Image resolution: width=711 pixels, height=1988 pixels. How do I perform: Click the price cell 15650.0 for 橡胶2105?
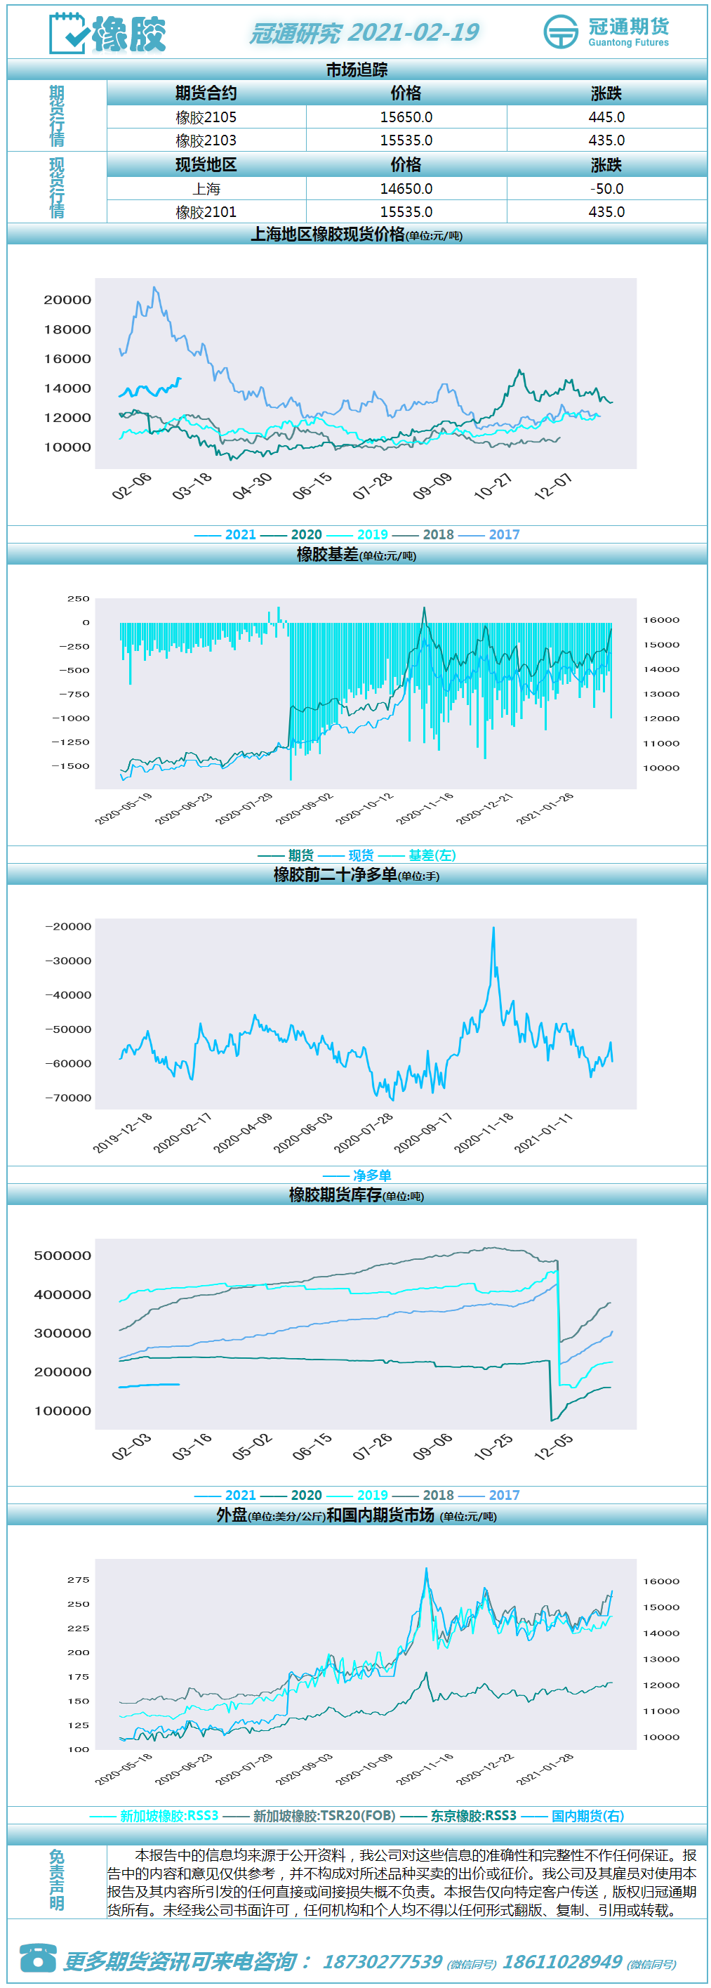click(406, 117)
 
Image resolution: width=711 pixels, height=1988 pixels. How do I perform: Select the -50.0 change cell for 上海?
click(606, 188)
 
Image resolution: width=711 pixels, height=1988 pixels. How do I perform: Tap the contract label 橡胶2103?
click(206, 140)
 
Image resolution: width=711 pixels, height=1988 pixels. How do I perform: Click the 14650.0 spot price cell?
click(406, 188)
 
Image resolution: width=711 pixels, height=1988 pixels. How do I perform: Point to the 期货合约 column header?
click(206, 93)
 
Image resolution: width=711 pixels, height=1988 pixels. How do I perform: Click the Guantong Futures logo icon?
click(561, 32)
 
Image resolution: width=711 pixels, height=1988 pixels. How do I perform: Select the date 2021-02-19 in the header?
click(413, 32)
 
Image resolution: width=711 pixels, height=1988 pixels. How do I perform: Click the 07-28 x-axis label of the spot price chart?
click(373, 486)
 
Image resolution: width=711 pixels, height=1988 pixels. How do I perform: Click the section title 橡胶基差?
click(328, 554)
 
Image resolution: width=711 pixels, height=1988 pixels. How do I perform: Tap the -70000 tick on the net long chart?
click(68, 1098)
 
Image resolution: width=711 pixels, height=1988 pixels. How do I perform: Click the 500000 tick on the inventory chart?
click(62, 1256)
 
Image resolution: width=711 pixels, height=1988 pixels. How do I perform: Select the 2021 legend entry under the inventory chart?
click(225, 1495)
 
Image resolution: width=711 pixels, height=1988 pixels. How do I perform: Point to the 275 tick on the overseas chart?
click(79, 1580)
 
